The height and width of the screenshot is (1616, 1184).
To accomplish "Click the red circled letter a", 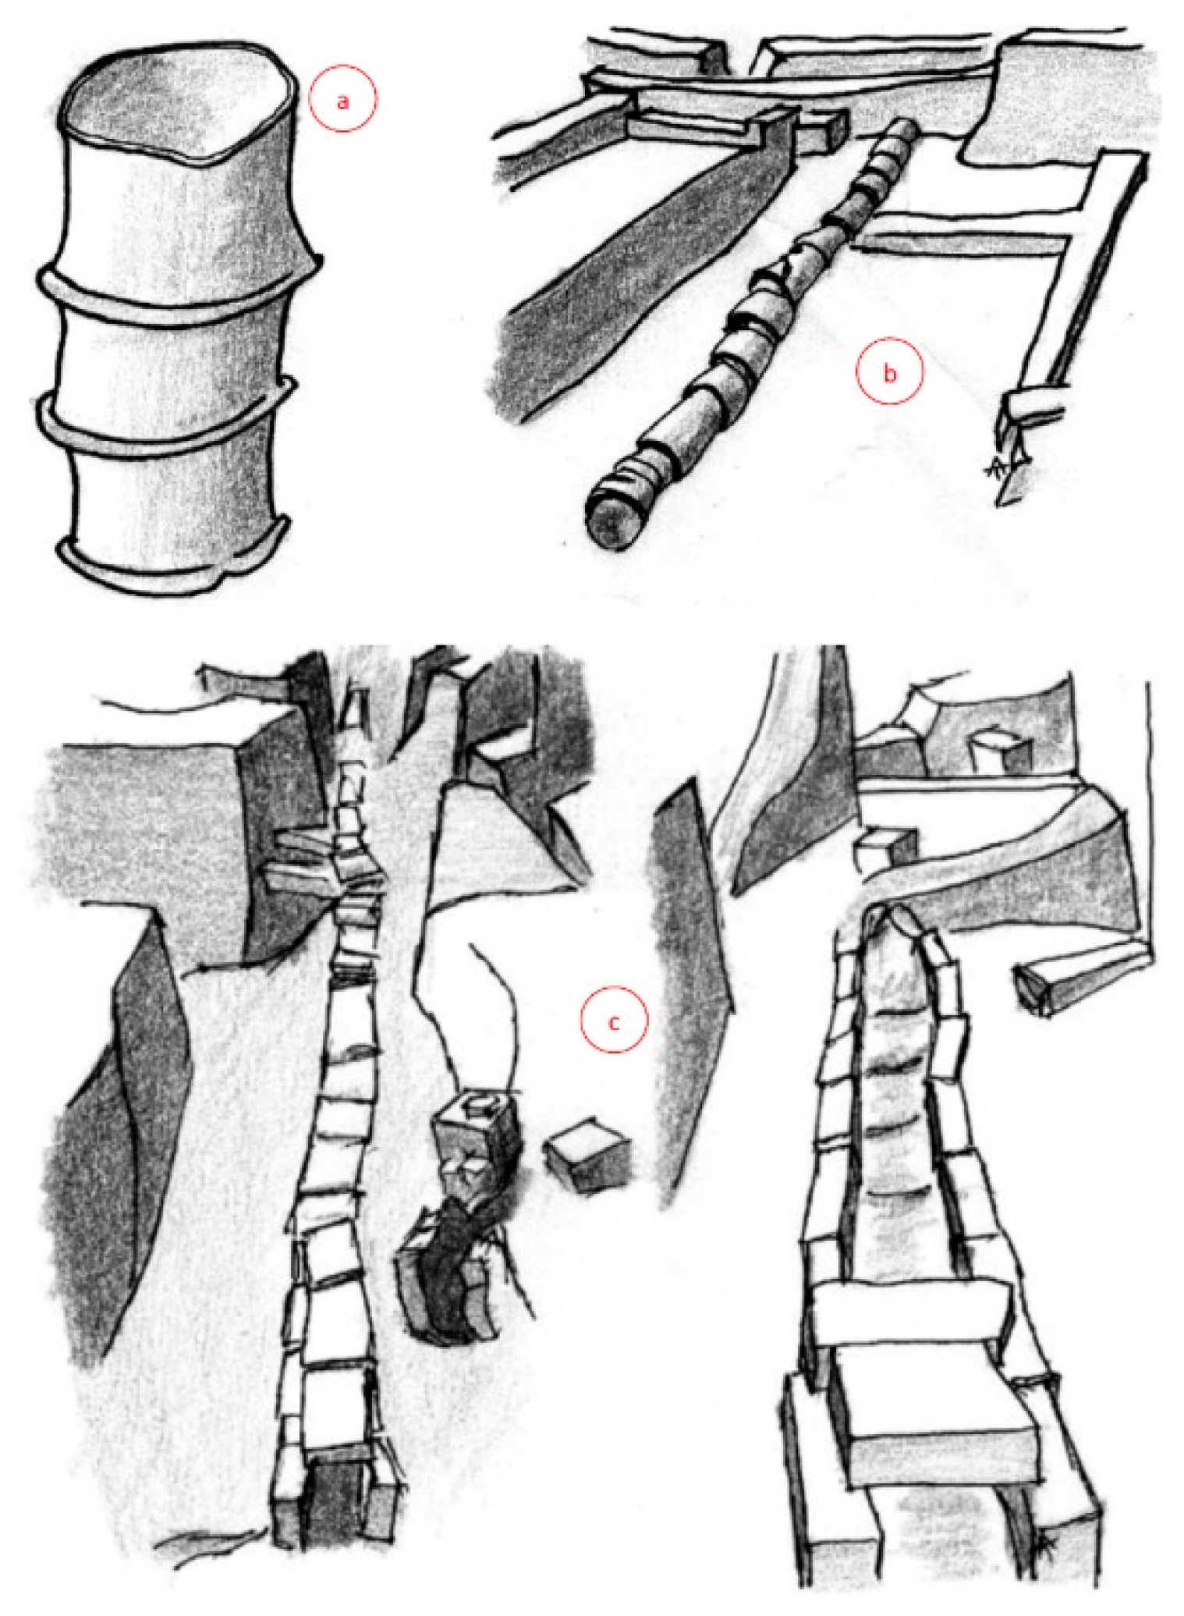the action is click(342, 99).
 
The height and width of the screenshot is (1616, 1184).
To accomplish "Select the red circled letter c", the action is click(614, 1020).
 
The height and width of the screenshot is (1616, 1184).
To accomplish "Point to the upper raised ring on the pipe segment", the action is click(179, 285).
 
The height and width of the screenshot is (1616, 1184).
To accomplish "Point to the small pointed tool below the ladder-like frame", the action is click(1014, 464).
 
